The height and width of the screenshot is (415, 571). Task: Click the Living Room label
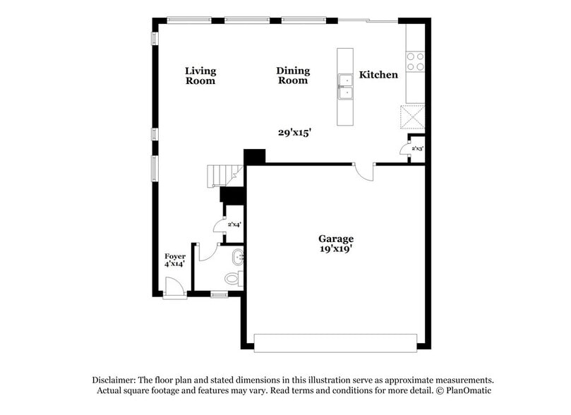tap(200, 76)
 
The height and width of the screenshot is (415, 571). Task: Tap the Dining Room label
tap(293, 76)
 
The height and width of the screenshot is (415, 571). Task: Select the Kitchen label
tap(378, 75)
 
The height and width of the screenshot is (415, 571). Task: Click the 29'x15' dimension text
tap(294, 132)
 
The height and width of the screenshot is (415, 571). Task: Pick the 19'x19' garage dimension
tap(335, 248)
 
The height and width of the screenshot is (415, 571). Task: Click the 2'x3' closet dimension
tap(417, 149)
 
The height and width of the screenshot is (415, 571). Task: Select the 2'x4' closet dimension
tap(234, 224)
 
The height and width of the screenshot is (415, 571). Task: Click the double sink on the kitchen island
tap(345, 87)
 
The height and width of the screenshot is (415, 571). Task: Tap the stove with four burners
tap(415, 61)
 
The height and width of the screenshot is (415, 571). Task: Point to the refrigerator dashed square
tap(412, 116)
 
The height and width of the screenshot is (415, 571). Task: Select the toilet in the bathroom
tap(234, 278)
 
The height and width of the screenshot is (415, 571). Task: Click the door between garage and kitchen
tap(364, 171)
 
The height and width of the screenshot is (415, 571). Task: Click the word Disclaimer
tap(114, 379)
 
